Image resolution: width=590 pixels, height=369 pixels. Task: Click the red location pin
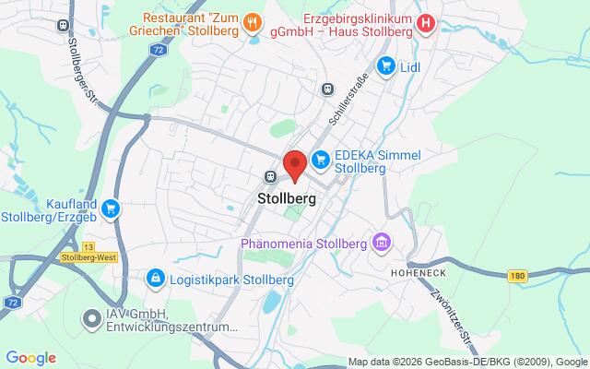294,165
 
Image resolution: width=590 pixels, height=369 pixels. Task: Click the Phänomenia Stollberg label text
304,244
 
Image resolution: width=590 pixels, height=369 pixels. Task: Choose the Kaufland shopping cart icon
112,208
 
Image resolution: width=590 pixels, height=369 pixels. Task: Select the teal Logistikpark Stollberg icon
156,277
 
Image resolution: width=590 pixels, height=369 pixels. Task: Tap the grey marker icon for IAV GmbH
91,319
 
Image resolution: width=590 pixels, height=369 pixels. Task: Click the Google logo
31,357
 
